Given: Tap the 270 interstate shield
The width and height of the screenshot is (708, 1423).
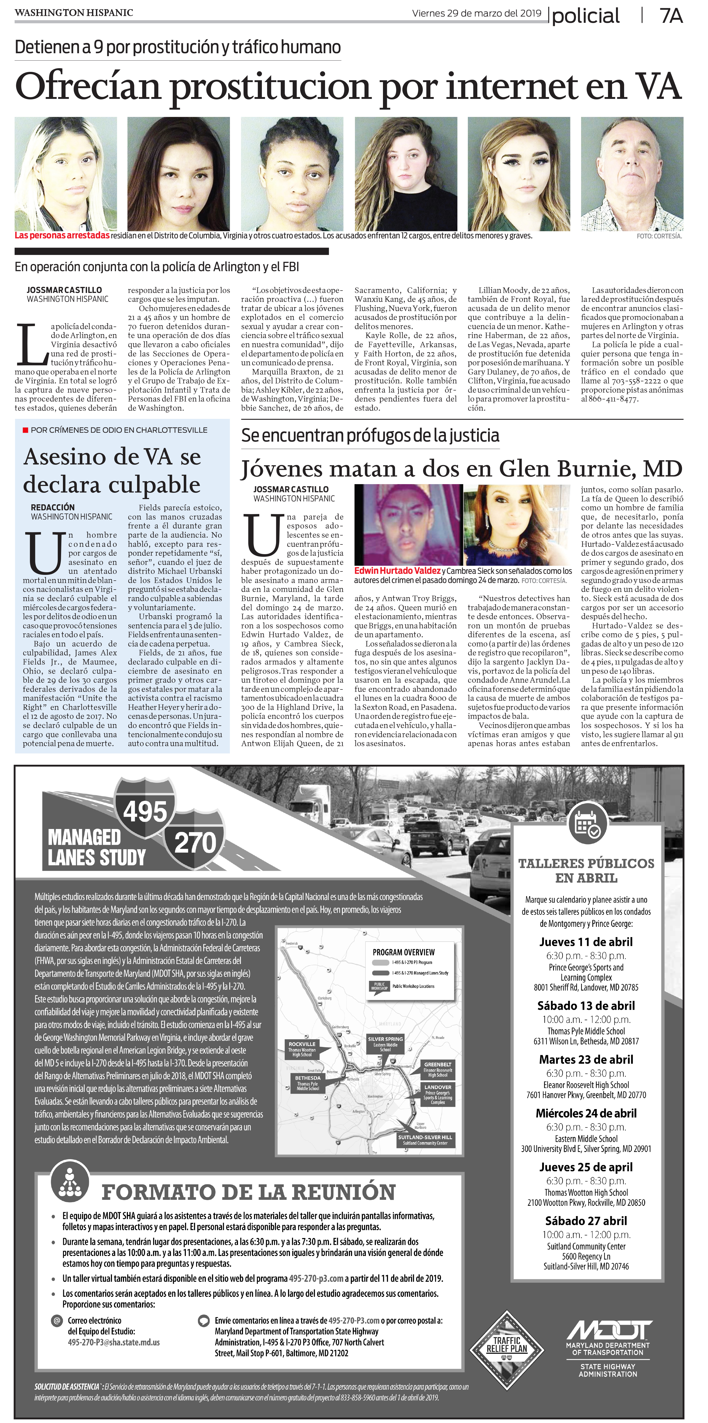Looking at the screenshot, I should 195,842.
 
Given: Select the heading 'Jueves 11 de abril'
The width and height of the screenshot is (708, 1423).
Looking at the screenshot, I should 586,942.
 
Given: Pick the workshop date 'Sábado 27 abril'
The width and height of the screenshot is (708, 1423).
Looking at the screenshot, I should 586,1221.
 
